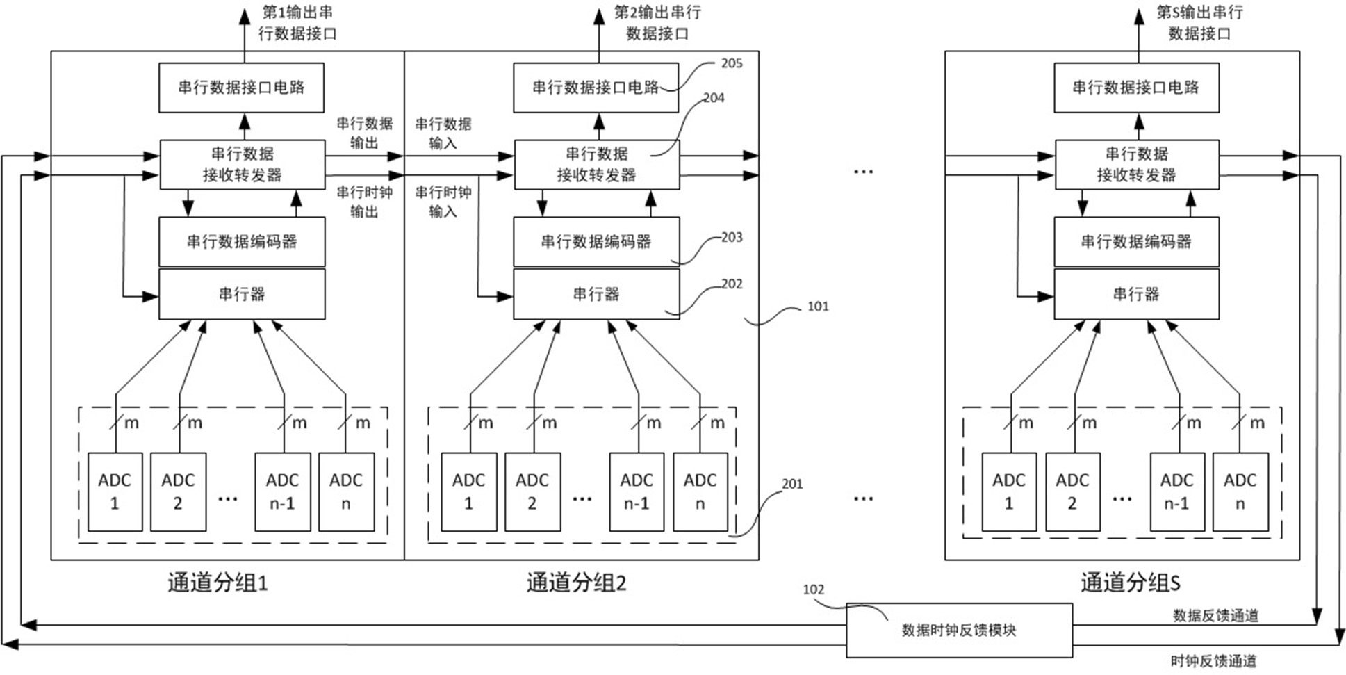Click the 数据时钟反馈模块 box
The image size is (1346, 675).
(958, 630)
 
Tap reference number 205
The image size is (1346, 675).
(731, 63)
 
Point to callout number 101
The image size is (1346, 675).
(818, 307)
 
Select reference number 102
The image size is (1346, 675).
(813, 589)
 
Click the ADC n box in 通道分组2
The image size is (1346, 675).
(700, 491)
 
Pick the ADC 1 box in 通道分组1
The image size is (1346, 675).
(115, 491)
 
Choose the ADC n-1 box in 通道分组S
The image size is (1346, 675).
(1176, 491)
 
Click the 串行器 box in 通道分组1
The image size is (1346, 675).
(242, 294)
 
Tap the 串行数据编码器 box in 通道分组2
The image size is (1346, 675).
(596, 241)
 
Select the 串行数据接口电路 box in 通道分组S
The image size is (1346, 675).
(1135, 87)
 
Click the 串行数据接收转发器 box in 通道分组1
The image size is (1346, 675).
(242, 164)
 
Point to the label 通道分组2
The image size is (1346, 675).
(576, 583)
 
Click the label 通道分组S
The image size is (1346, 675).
(1130, 583)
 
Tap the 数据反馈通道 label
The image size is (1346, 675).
(1215, 615)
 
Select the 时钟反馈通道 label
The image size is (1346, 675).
(1213, 661)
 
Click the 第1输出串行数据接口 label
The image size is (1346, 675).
(297, 22)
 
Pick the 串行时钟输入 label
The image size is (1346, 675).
(443, 202)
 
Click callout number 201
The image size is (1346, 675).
(792, 484)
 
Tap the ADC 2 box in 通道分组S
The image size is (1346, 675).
(1072, 491)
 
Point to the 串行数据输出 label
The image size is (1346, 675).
(364, 133)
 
